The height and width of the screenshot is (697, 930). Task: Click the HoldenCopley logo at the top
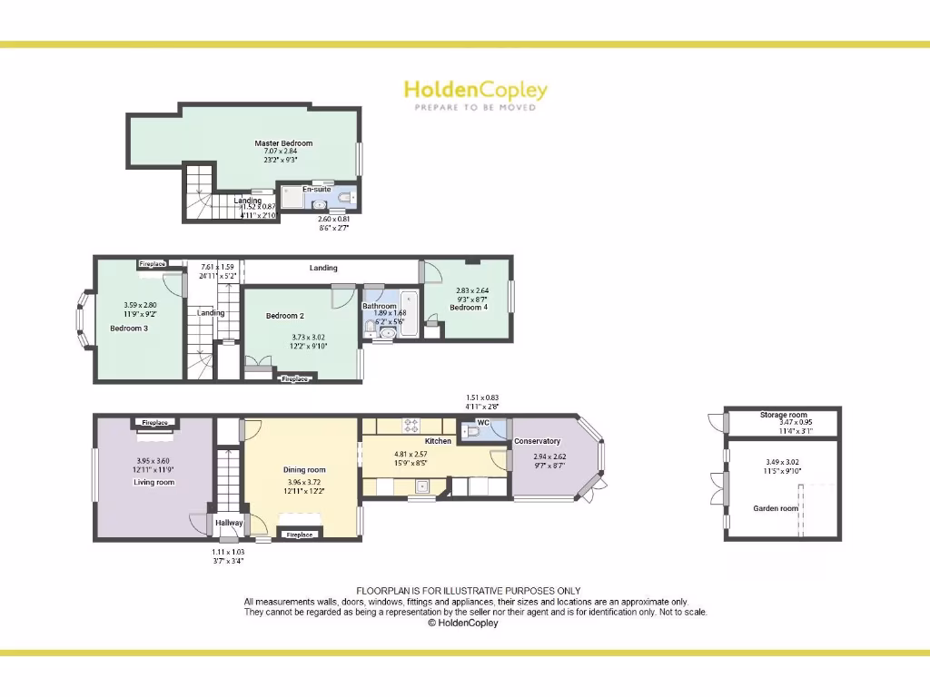click(475, 90)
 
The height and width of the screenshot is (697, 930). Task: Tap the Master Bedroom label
click(283, 143)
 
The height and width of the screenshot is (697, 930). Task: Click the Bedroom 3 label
click(129, 329)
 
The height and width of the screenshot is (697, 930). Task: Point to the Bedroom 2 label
click(284, 316)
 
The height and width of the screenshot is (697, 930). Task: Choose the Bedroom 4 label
click(469, 308)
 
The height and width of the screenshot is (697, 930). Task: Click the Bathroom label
click(380, 306)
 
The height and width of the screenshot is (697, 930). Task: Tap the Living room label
click(154, 483)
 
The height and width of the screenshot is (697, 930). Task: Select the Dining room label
click(304, 470)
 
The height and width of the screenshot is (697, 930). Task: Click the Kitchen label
click(438, 441)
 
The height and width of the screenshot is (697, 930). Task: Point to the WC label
click(483, 423)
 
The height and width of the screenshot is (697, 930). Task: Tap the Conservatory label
click(538, 442)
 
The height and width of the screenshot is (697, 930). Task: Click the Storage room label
click(783, 415)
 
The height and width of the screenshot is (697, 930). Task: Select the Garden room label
click(776, 509)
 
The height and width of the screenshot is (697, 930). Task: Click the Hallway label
click(229, 523)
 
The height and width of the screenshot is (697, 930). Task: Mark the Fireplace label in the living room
click(154, 423)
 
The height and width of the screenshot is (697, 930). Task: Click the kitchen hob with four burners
click(410, 423)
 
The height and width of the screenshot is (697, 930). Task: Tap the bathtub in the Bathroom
click(409, 313)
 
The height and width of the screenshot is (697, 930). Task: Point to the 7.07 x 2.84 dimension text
click(282, 152)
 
